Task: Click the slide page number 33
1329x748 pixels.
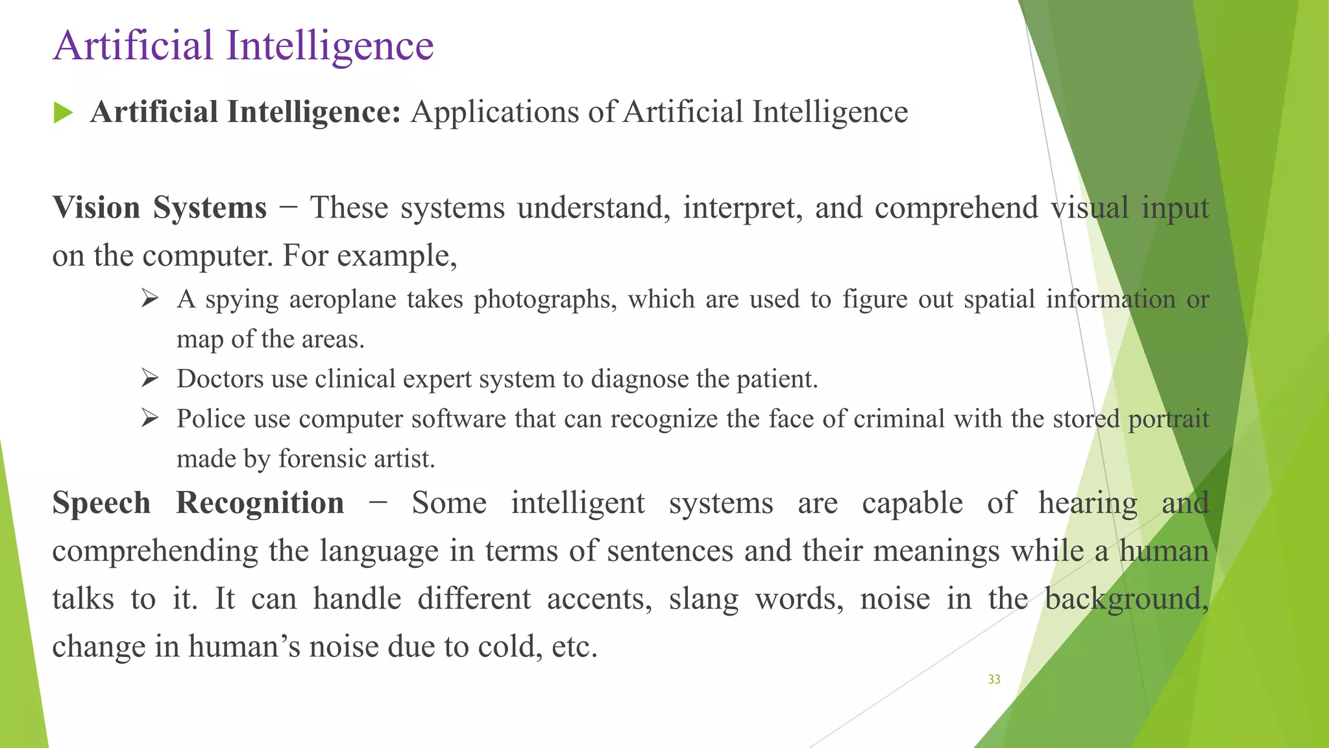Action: tap(994, 679)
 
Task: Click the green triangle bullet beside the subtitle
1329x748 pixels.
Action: tap(63, 113)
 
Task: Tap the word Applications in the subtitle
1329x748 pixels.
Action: tap(495, 112)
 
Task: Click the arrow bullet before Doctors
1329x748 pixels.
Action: tap(150, 379)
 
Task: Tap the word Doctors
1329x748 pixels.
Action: tap(220, 379)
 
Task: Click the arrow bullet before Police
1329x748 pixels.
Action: tap(150, 419)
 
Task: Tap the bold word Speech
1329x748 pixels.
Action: tap(101, 503)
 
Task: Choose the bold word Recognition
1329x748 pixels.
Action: tap(260, 503)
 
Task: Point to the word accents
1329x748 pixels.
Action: tap(599, 599)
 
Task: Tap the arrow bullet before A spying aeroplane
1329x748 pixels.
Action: tap(150, 299)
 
